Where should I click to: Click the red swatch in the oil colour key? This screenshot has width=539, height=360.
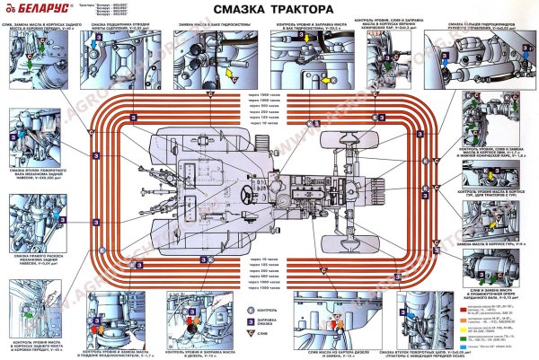coord(459,305)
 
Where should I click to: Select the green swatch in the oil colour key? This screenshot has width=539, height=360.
coord(459,315)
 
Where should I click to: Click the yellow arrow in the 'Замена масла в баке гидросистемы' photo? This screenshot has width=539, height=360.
coord(228,71)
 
